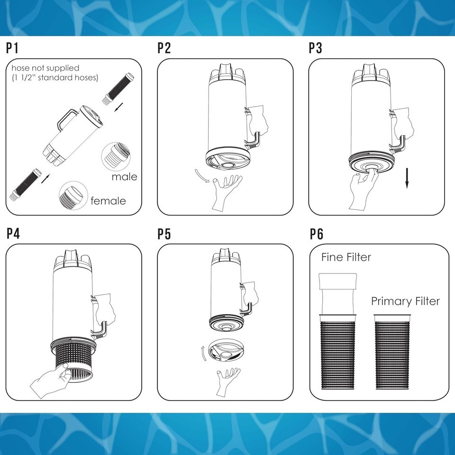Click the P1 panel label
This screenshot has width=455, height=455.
(12, 48)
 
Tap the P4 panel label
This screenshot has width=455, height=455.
(13, 234)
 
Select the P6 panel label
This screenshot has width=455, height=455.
(316, 234)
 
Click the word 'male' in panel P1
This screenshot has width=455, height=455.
(125, 177)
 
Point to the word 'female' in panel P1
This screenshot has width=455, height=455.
(108, 200)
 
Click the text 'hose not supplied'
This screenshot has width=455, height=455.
(45, 68)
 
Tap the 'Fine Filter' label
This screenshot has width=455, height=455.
(346, 257)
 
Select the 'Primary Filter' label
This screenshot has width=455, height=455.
(405, 301)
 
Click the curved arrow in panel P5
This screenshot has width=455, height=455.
(204, 353)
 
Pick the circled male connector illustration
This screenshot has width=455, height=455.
(116, 157)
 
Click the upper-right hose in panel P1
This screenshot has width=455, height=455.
(118, 89)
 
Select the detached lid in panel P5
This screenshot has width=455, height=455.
(226, 351)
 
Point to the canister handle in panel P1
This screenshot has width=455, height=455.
(68, 119)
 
